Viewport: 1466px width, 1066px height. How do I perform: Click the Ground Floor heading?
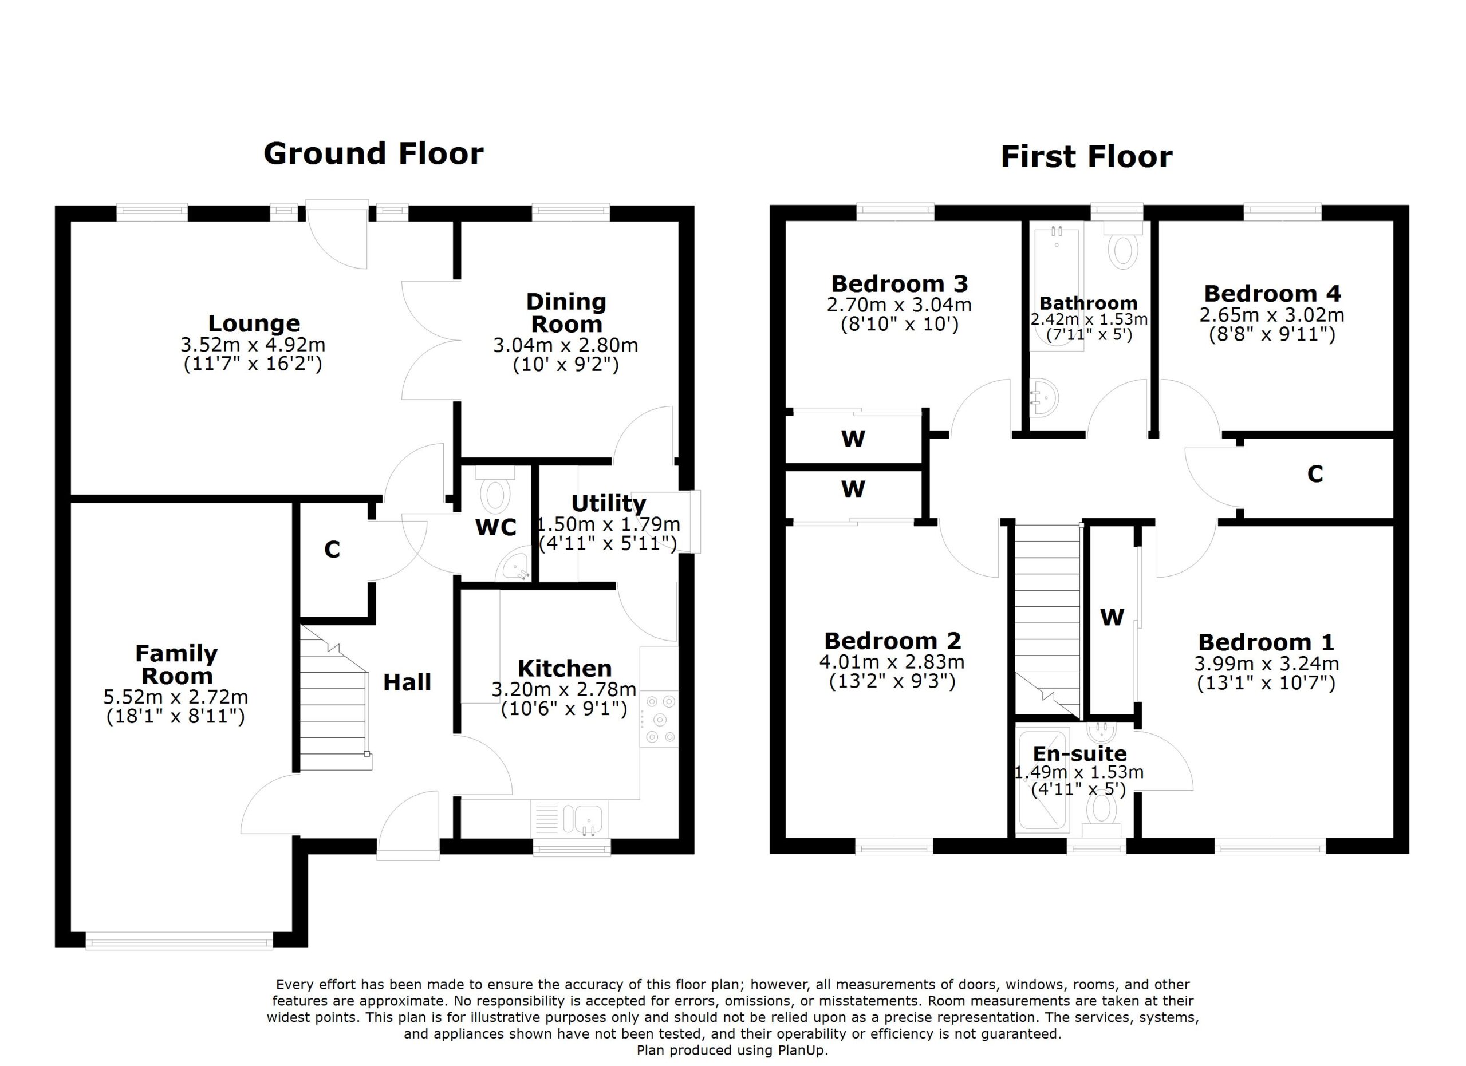point(373,154)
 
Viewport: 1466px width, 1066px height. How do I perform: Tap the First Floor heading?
point(1086,157)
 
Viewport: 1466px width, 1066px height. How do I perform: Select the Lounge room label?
point(254,323)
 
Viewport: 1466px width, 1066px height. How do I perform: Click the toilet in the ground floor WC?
point(495,495)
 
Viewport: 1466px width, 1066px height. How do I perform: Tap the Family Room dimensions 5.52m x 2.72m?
point(176,697)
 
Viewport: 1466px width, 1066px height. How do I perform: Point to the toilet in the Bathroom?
point(1124,248)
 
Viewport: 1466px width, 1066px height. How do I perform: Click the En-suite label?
point(1079,753)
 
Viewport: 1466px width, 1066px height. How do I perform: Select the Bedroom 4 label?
point(1272,294)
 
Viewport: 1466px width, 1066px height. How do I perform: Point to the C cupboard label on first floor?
point(1315,474)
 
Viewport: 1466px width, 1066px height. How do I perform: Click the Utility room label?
point(608,503)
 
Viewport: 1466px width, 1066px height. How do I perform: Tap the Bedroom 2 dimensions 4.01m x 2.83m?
point(892,662)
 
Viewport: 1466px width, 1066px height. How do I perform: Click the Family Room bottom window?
point(179,941)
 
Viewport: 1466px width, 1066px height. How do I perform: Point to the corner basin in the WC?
point(515,568)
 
